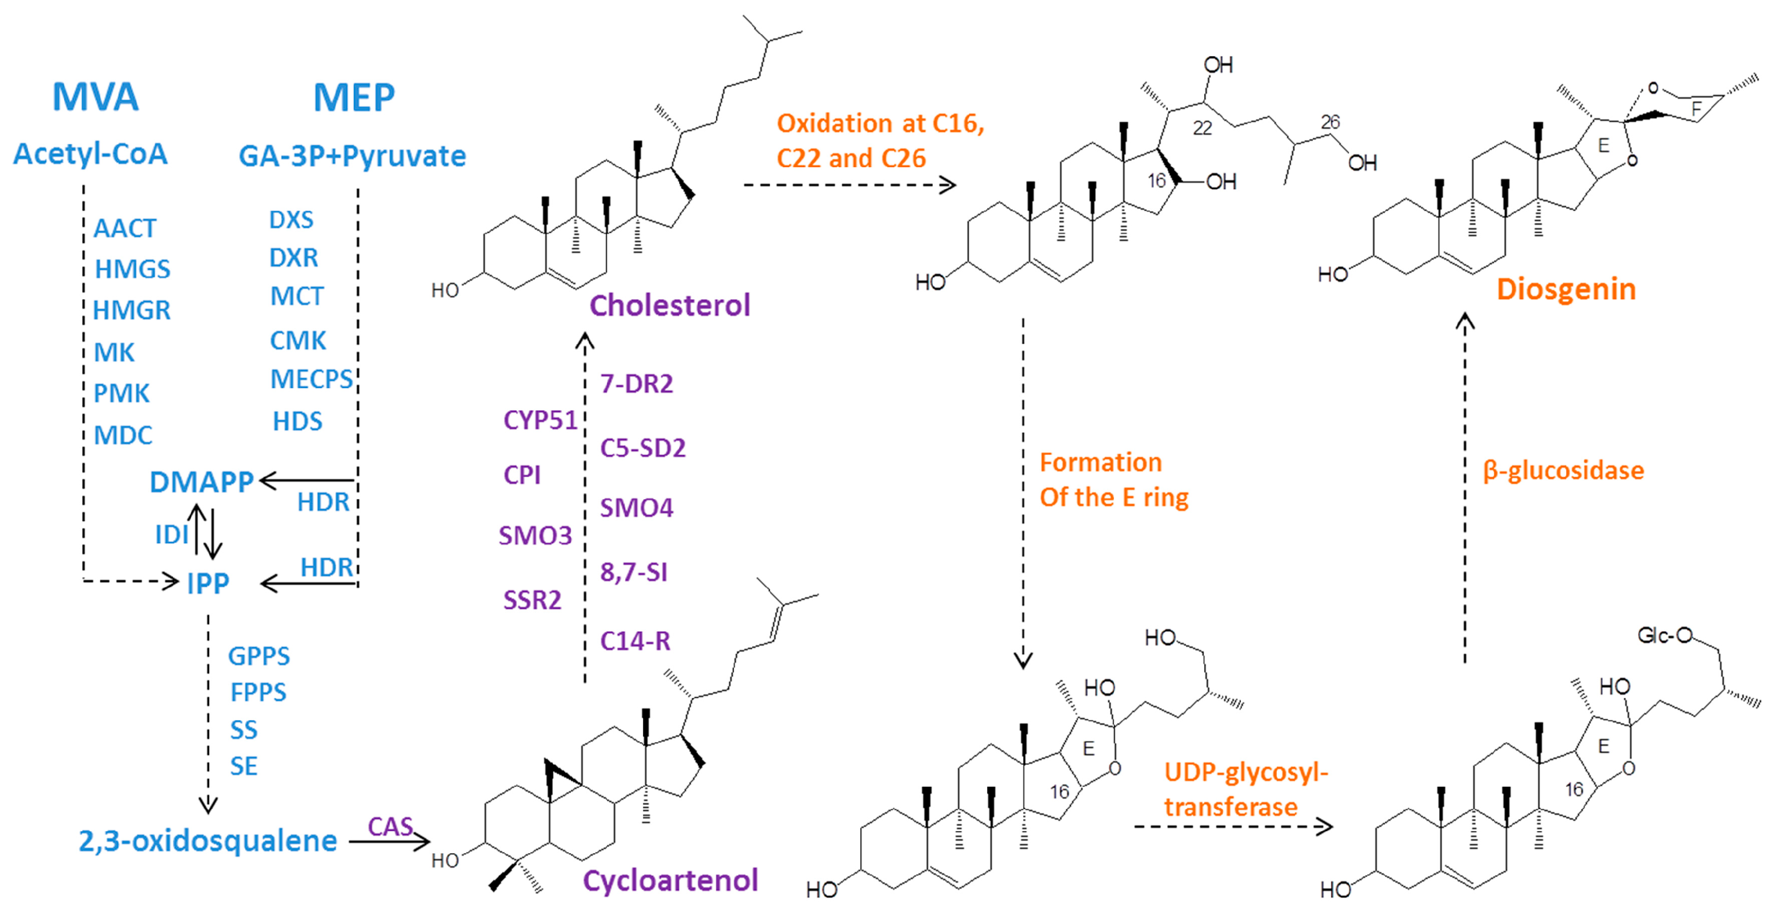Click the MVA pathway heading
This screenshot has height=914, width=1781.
point(95,97)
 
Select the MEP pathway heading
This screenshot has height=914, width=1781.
point(354,97)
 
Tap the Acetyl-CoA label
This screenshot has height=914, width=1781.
point(91,154)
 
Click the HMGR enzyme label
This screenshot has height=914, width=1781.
point(131,311)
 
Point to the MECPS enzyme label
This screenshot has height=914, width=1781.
point(311,379)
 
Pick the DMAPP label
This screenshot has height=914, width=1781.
point(201,482)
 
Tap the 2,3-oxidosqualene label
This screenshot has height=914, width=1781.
point(207,841)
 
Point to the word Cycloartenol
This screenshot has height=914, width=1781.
point(670,880)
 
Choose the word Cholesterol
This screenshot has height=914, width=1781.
point(669,305)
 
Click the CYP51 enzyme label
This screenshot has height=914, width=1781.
point(540,420)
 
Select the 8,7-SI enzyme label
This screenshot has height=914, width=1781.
point(633,572)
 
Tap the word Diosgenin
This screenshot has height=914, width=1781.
point(1566,289)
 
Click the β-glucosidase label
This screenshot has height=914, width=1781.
point(1563,470)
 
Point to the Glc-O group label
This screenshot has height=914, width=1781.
point(1664,635)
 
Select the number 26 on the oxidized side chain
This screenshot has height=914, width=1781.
point(1330,122)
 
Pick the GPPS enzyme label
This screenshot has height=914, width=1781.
point(258,656)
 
